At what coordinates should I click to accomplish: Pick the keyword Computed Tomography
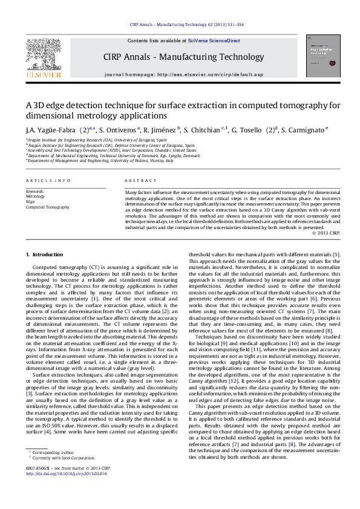point(47,207)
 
